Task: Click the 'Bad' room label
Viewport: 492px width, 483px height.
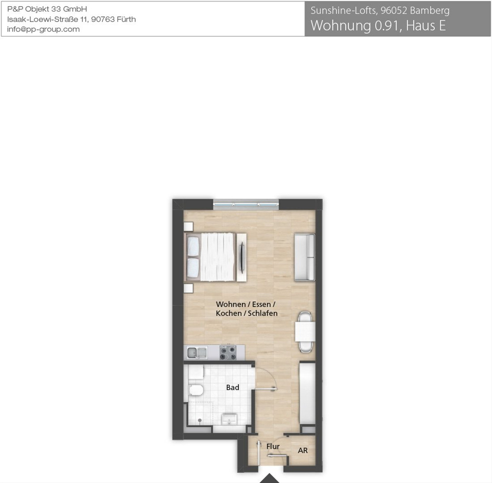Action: (232, 387)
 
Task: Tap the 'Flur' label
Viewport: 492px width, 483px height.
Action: (273, 446)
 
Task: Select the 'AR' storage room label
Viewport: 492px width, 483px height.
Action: (303, 450)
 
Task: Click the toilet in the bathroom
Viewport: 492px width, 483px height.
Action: (196, 390)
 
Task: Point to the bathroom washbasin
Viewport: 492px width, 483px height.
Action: (230, 419)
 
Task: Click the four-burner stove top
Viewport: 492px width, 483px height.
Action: (228, 352)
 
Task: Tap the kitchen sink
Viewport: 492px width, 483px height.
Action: (197, 353)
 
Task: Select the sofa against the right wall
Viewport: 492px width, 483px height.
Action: (305, 257)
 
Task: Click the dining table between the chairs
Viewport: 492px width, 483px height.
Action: (305, 332)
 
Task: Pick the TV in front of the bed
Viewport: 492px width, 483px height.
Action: (241, 257)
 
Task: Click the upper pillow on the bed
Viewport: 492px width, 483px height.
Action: (193, 247)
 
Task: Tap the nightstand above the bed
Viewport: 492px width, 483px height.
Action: (189, 226)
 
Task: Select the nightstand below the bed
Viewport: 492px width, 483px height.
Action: (189, 288)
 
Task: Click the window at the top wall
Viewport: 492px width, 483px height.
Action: (246, 205)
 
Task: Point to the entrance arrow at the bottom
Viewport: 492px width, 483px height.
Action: (270, 478)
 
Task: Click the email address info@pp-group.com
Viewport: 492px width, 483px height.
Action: (43, 29)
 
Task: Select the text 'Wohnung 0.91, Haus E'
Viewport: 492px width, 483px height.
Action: (378, 26)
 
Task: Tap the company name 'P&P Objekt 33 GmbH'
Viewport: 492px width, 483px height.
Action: (47, 9)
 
